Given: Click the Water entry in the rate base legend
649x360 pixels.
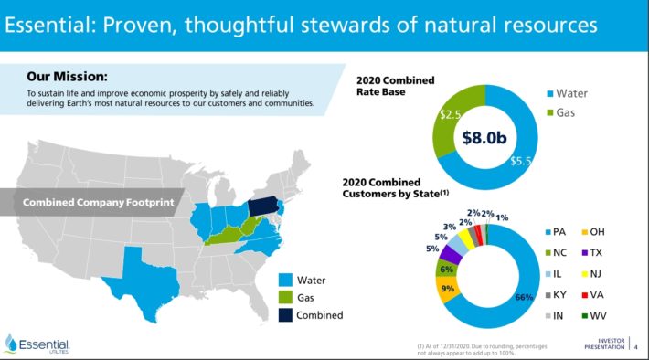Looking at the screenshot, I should pos(575,93).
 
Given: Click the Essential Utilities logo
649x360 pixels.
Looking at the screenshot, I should pos(37,344).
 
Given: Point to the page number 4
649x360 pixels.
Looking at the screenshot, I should pos(636,346).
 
